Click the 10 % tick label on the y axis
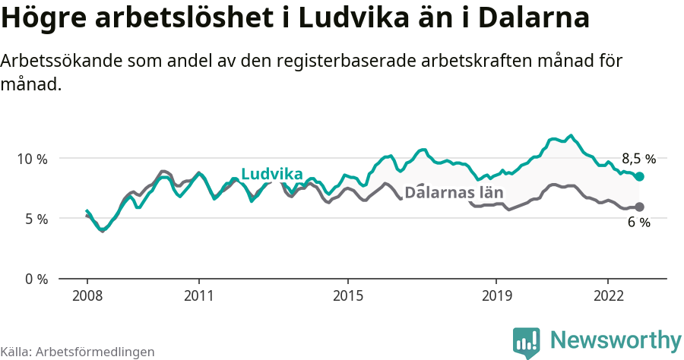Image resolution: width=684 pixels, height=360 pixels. (32, 159)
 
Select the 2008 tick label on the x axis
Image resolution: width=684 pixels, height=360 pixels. (87, 295)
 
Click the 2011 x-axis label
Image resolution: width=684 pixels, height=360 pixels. (198, 295)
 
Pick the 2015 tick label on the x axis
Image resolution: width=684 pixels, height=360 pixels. (347, 295)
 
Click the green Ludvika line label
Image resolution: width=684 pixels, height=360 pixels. (271, 175)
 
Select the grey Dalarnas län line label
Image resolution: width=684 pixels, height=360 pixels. (454, 192)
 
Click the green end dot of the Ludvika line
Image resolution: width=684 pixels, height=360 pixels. (639, 176)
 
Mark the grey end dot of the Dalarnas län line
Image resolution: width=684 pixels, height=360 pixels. (639, 207)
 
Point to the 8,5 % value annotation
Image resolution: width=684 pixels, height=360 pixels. (638, 159)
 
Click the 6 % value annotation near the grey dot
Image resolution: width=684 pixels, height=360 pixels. (638, 223)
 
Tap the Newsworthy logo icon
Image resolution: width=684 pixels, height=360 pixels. (527, 341)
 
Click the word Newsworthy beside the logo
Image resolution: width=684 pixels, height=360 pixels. (616, 339)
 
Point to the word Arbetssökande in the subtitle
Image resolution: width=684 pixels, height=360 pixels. (62, 61)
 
